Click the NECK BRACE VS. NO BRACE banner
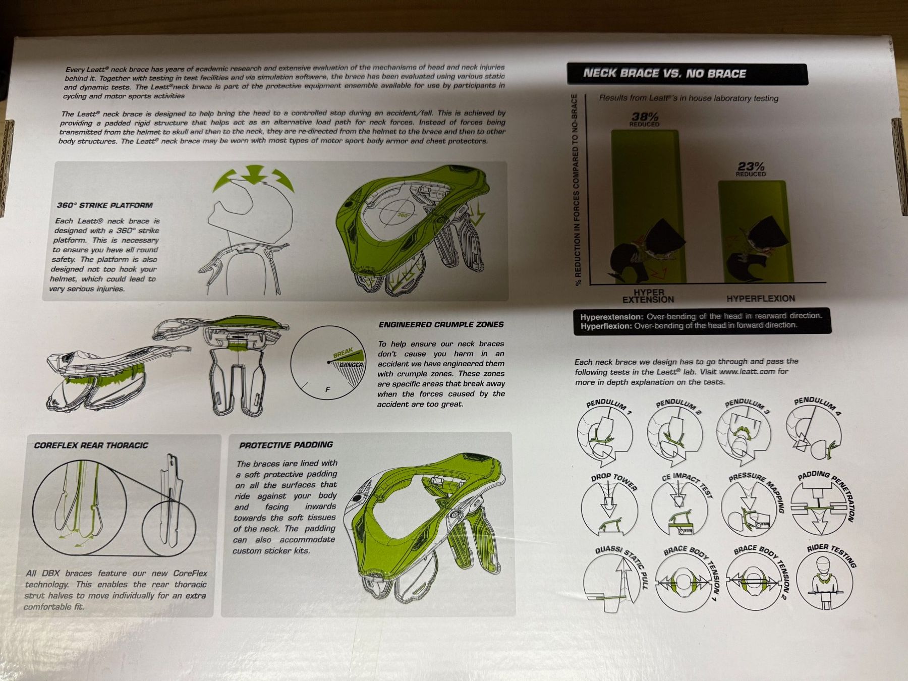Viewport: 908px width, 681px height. click(x=687, y=74)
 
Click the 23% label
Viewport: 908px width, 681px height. click(x=751, y=167)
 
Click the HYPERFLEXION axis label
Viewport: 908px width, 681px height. click(x=760, y=299)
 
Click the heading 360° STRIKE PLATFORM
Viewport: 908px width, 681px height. click(x=104, y=205)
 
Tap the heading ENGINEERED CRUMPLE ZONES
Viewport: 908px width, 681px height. click(x=441, y=325)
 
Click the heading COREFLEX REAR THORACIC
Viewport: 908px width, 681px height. click(x=91, y=445)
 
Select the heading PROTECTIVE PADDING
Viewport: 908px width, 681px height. click(x=286, y=445)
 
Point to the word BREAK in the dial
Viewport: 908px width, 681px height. click(x=343, y=353)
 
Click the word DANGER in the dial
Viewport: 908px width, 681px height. click(x=351, y=365)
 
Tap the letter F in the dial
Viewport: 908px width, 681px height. click(x=328, y=389)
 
